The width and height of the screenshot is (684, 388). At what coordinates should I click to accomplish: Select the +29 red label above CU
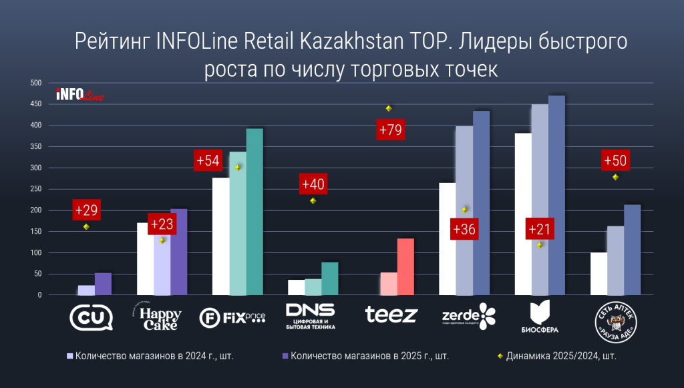pyautogui.click(x=87, y=210)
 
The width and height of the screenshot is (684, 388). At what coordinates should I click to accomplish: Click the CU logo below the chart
pyautogui.click(x=92, y=316)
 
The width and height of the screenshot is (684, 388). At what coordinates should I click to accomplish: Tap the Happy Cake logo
pyautogui.click(x=159, y=316)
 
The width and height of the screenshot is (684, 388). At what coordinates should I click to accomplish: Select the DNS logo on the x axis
pyautogui.click(x=310, y=316)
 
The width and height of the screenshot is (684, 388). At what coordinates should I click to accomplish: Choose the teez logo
pyautogui.click(x=391, y=315)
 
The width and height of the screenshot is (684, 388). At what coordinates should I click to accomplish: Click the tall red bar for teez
pyautogui.click(x=405, y=266)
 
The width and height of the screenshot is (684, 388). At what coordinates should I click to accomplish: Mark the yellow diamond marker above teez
pyautogui.click(x=389, y=108)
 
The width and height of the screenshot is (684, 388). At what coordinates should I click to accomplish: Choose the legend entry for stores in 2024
pyautogui.click(x=150, y=356)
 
